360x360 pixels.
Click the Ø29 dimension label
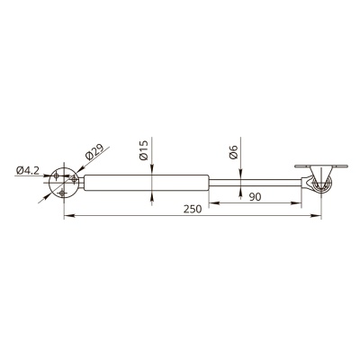pyautogui.click(x=94, y=152)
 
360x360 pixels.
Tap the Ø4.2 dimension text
pyautogui.click(x=28, y=171)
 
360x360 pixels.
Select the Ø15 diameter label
pyautogui.click(x=144, y=150)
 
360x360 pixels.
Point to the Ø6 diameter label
pyautogui.click(x=233, y=152)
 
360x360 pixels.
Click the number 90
pyautogui.click(x=255, y=197)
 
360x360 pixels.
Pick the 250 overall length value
pyautogui.click(x=193, y=209)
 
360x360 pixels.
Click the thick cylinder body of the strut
pyautogui.click(x=147, y=183)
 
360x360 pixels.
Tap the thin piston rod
pyautogui.click(x=256, y=183)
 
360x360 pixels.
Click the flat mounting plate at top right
pyautogui.click(x=321, y=166)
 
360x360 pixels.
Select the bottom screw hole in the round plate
pyautogui.click(x=62, y=193)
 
